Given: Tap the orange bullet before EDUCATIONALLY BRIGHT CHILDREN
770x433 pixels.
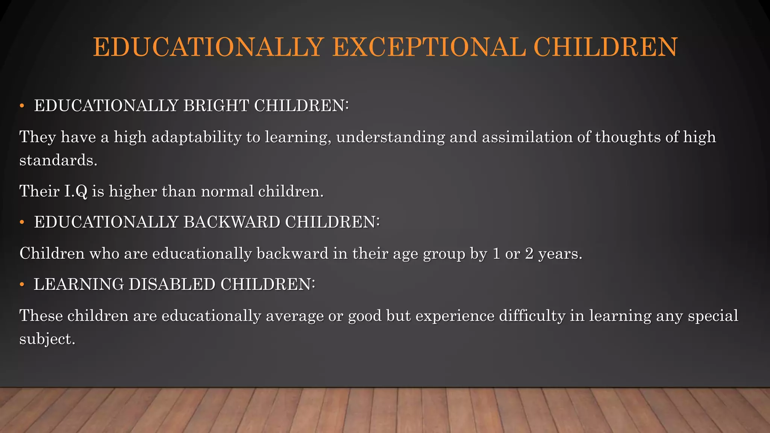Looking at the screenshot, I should pos(22,106).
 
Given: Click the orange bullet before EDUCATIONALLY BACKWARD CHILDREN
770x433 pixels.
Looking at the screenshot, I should pos(22,223).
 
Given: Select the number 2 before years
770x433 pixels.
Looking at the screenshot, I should pos(529,254).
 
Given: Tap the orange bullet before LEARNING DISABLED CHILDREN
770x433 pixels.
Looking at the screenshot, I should pos(22,285).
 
